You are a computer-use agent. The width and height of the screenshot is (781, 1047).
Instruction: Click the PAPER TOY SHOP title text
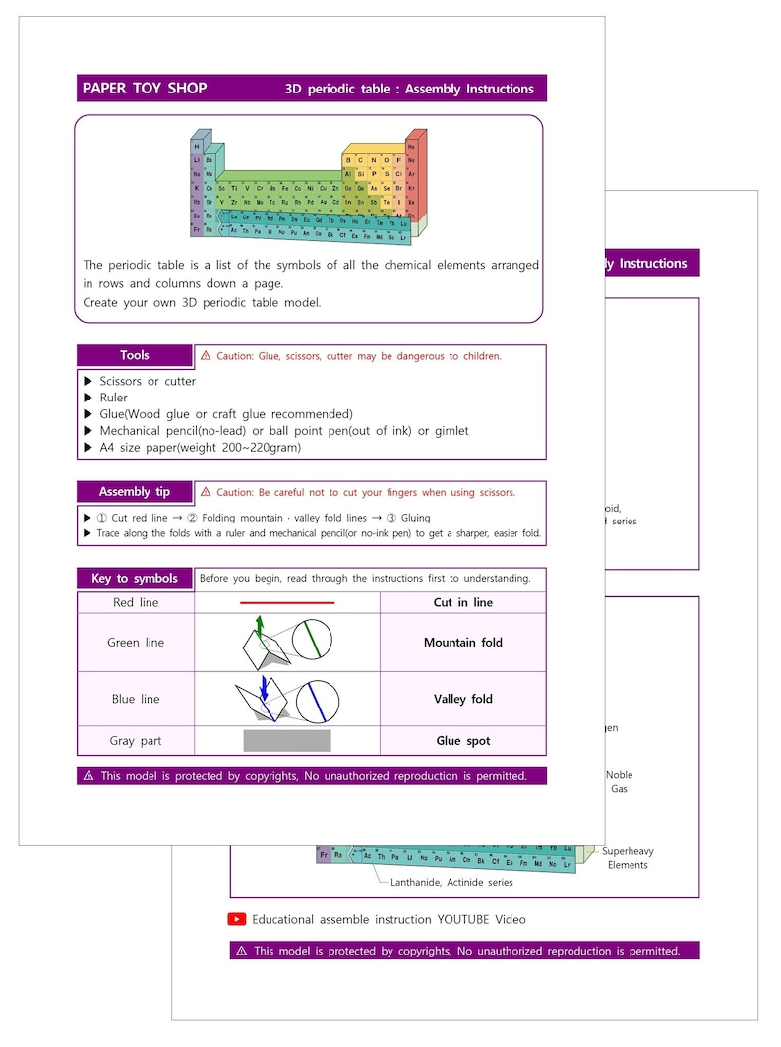pos(145,89)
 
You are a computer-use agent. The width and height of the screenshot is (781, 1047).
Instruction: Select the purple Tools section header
pos(135,355)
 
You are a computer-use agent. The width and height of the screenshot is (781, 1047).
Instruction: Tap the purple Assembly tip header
pos(135,491)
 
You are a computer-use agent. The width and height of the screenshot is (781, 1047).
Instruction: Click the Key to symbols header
pos(135,578)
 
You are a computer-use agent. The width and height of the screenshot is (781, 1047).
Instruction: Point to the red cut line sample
pos(287,602)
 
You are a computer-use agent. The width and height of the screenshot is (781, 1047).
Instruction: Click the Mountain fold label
pos(462,643)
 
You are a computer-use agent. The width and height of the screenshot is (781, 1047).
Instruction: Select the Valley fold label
pos(462,699)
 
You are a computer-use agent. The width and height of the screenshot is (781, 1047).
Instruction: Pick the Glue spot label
pos(462,741)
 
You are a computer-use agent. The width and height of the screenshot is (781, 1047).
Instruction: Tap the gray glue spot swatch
pos(287,741)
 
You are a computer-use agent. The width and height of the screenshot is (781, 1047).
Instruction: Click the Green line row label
pos(136,643)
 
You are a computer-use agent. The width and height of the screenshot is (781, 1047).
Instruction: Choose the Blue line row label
pos(136,699)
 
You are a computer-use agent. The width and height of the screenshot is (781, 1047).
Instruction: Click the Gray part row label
pos(136,741)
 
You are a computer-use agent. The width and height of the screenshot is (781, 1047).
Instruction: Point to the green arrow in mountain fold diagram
pos(260,624)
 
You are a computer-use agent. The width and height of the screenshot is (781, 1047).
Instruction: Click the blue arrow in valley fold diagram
pos(264,687)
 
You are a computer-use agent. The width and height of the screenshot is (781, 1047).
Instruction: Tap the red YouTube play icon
pos(237,919)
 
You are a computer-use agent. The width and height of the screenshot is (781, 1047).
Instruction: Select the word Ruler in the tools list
pos(113,398)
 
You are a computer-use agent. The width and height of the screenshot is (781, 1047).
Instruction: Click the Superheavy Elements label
pos(628,858)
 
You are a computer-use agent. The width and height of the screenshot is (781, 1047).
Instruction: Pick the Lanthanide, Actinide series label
pos(451,882)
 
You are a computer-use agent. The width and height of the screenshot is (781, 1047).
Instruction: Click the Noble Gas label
pos(619,782)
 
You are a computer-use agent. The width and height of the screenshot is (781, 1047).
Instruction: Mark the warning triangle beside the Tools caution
pos(206,356)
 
